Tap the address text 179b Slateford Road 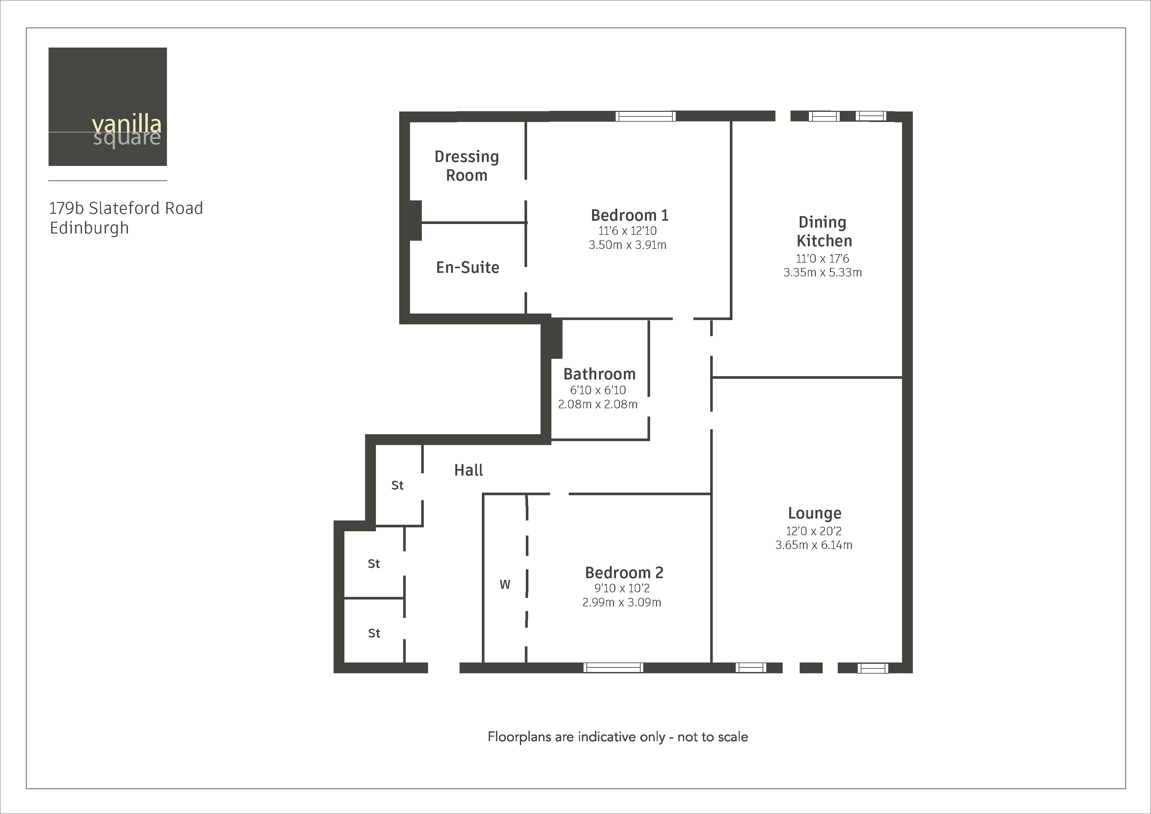tap(126, 208)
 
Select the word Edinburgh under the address tap(89, 228)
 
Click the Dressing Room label tap(467, 166)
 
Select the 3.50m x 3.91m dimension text tap(627, 245)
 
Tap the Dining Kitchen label tap(824, 232)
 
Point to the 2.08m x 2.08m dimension tap(598, 404)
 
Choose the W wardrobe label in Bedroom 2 tap(505, 584)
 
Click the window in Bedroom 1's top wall tap(645, 116)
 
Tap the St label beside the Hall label tap(397, 485)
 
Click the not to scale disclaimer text tap(618, 737)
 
